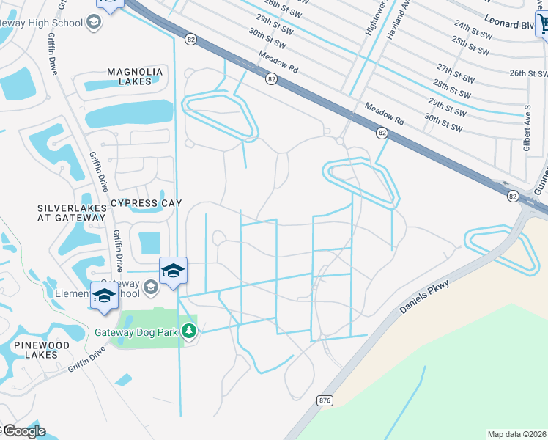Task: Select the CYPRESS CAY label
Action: (x=145, y=202)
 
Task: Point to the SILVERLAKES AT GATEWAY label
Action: (x=72, y=213)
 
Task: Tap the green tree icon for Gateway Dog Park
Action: (x=190, y=331)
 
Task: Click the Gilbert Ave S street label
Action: (x=527, y=127)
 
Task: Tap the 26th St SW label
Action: (x=528, y=73)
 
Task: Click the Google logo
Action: (x=23, y=430)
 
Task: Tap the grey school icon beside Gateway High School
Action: (x=93, y=23)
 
